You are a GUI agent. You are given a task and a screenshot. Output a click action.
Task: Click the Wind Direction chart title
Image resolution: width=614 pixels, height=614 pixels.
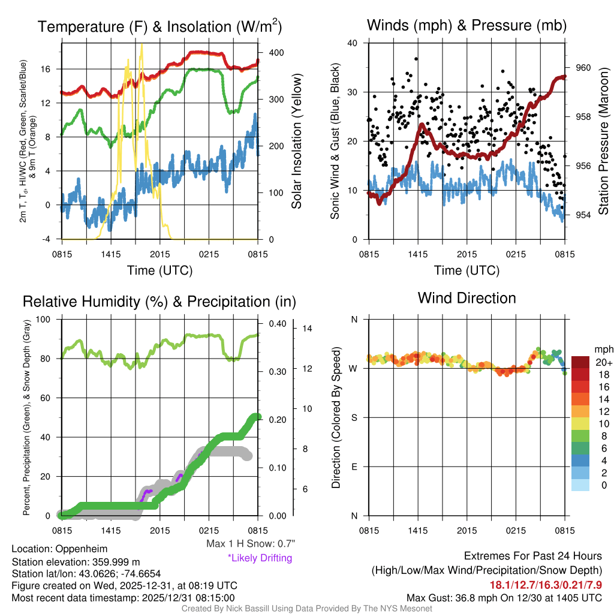coord(466,298)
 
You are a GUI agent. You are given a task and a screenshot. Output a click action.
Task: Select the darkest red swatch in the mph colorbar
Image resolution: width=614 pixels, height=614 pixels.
coord(581,362)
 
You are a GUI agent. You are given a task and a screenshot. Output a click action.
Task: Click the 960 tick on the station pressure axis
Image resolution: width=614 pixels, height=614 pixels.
coord(583,68)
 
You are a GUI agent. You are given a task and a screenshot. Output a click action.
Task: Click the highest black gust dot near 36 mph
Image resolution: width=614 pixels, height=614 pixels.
coord(416,59)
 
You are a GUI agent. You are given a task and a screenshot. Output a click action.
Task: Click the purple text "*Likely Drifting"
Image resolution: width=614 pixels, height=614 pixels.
coord(260,558)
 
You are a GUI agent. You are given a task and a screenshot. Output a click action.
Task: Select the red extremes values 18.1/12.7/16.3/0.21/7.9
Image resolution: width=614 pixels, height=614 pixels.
coord(546,584)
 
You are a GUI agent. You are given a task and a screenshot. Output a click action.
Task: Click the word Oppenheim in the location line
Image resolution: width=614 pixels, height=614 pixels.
coord(81,549)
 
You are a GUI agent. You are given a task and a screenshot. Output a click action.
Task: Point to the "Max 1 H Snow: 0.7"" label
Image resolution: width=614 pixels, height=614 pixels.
coord(251,544)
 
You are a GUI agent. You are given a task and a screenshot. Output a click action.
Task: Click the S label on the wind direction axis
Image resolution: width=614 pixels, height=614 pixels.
coord(354,417)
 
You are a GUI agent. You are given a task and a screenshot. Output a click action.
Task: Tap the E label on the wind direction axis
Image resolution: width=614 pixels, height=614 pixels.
coord(354,466)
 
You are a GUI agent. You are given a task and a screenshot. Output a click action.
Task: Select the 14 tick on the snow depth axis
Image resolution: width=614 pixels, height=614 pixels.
coord(305,329)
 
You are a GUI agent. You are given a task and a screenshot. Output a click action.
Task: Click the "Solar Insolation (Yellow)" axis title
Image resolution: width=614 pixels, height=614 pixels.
coord(297,141)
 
